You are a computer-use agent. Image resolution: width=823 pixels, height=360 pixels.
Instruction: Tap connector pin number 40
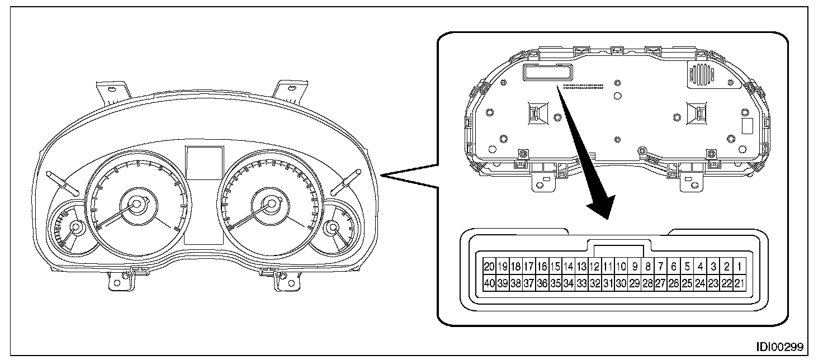click(489, 283)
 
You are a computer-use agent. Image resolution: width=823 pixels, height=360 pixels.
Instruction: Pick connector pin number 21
click(740, 283)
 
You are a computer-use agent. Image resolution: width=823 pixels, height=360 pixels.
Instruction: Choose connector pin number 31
click(608, 283)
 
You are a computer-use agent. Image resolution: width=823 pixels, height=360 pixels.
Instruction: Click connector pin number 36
click(542, 283)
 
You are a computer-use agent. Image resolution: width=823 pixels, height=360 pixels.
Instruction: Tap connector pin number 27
click(660, 283)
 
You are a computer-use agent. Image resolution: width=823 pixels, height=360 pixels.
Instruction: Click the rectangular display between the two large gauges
click(205, 163)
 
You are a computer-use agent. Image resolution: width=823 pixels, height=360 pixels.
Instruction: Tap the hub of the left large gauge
click(135, 205)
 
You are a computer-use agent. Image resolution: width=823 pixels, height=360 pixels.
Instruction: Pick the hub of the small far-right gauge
click(333, 228)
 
